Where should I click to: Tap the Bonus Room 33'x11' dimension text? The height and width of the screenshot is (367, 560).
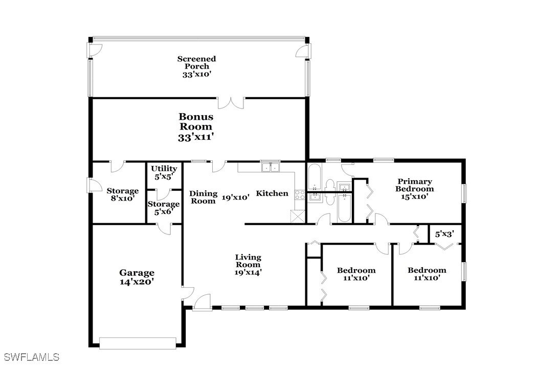tap(196, 137)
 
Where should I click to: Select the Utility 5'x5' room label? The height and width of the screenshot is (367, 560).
tap(164, 172)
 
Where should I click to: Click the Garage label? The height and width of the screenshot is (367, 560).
tap(137, 273)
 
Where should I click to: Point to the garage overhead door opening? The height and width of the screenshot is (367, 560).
tap(138, 343)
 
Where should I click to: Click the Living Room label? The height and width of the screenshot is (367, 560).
tap(248, 261)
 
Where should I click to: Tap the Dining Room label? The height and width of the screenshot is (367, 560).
tap(203, 197)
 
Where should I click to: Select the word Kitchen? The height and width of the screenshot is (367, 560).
tap(272, 193)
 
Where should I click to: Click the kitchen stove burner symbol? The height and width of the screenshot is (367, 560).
tap(300, 195)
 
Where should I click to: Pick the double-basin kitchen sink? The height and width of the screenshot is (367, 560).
tap(271, 166)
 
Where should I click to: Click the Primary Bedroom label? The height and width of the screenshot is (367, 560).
tap(415, 185)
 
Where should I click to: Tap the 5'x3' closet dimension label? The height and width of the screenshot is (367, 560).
tap(444, 234)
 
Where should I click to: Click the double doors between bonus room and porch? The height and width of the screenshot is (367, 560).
tap(231, 102)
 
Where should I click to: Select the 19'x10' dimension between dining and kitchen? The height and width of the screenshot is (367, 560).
tap(235, 197)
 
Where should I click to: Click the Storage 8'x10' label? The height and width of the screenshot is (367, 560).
tap(123, 195)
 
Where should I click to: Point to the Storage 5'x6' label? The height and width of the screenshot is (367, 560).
tap(164, 208)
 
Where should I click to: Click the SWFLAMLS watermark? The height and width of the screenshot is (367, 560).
tap(31, 357)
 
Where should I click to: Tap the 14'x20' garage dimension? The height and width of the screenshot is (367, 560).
tap(137, 281)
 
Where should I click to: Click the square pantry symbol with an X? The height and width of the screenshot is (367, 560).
tap(298, 216)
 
